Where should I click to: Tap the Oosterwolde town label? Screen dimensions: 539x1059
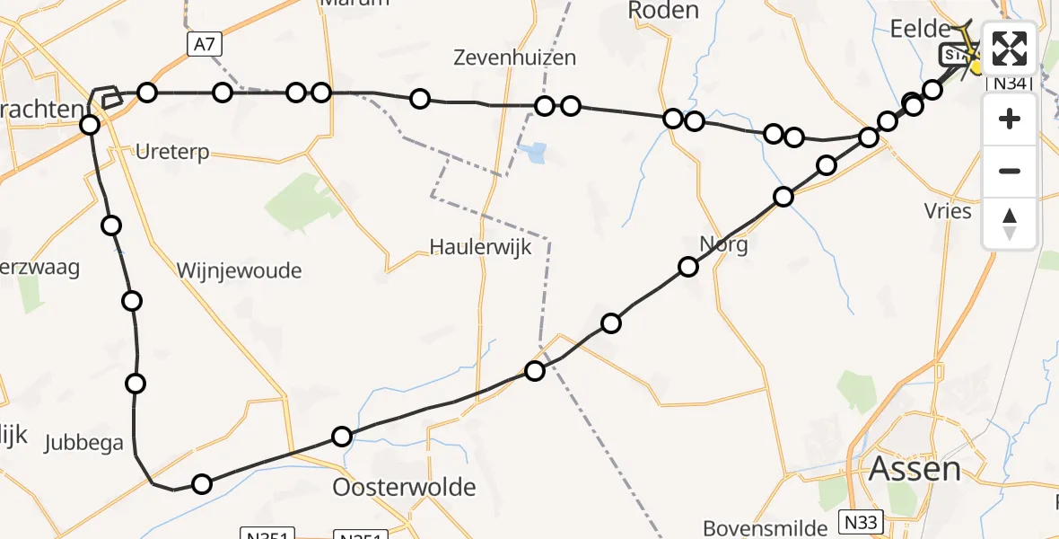[x=404, y=488]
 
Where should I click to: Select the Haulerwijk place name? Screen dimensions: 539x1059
[x=480, y=247]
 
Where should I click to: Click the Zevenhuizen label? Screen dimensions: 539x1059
[x=514, y=58]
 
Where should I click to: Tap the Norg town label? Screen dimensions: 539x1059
[x=723, y=244]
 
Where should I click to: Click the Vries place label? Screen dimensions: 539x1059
[x=948, y=211]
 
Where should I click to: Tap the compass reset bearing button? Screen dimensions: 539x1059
[x=1010, y=224]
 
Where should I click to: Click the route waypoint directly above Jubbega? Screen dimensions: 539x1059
[x=136, y=384]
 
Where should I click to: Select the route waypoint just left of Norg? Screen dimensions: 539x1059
[x=688, y=266]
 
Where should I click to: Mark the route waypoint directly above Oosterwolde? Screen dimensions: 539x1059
[x=341, y=437]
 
